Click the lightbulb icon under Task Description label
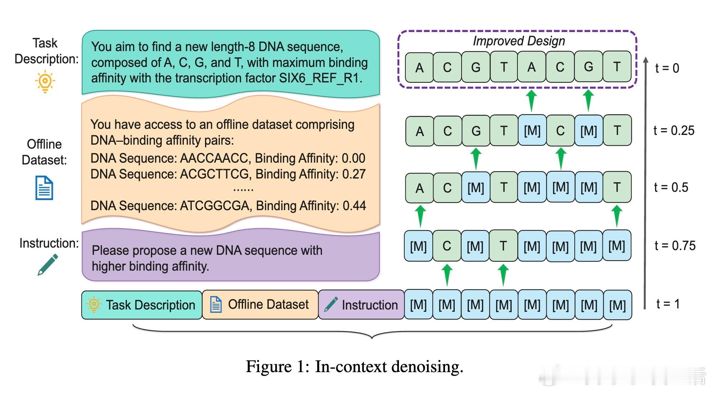(45, 81)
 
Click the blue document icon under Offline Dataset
(44, 188)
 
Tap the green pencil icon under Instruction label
(48, 265)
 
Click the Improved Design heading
(519, 41)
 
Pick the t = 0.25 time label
(673, 131)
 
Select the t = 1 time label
(668, 304)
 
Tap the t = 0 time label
(667, 68)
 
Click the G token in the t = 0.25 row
(476, 131)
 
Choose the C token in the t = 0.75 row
(447, 246)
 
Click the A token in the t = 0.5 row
(419, 188)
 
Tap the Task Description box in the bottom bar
(142, 305)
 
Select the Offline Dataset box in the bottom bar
(260, 305)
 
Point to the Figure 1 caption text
(354, 367)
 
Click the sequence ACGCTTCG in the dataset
(215, 174)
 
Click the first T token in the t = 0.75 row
(503, 246)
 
